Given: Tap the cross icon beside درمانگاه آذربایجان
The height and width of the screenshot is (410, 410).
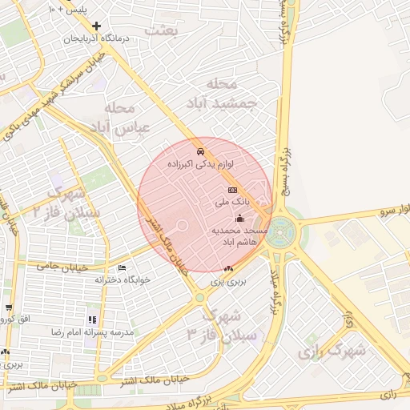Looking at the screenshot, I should [x=97, y=26].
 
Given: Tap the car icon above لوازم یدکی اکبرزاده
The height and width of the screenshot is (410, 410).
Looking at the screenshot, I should [x=200, y=151].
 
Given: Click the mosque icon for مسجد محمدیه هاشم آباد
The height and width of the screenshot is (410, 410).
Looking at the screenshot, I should [x=239, y=218].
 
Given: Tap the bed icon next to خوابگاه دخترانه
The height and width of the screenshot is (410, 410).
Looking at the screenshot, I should [x=122, y=267].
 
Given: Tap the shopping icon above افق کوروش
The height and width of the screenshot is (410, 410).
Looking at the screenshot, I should [x=8, y=307].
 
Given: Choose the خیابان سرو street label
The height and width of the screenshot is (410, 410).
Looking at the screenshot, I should [x=384, y=211].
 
